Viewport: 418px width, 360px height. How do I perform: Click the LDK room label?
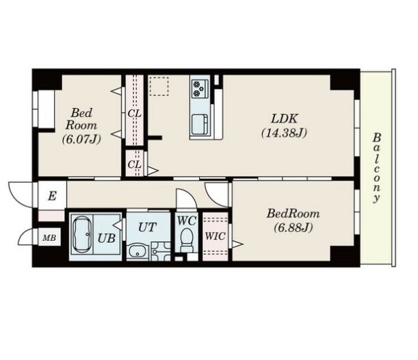[284, 118]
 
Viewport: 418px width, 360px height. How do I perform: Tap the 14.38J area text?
[284, 133]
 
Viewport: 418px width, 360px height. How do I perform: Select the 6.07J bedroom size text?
[81, 139]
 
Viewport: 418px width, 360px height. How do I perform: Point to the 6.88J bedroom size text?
[293, 227]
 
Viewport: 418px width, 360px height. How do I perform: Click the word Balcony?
[376, 168]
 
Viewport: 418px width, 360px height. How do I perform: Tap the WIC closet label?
[215, 236]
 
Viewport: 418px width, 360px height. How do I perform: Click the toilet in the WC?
[186, 240]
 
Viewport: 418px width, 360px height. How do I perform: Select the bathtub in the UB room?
[82, 234]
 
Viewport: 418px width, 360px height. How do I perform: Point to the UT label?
[147, 227]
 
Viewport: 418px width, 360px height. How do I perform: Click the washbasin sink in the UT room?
[138, 250]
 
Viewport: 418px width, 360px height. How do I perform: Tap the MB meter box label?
[49, 237]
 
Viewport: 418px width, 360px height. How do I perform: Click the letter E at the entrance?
[52, 196]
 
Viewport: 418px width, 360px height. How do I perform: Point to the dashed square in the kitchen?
[159, 86]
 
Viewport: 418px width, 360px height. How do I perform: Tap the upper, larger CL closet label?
[134, 114]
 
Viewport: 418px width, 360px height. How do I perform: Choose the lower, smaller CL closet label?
[134, 164]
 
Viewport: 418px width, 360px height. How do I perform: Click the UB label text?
[106, 238]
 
